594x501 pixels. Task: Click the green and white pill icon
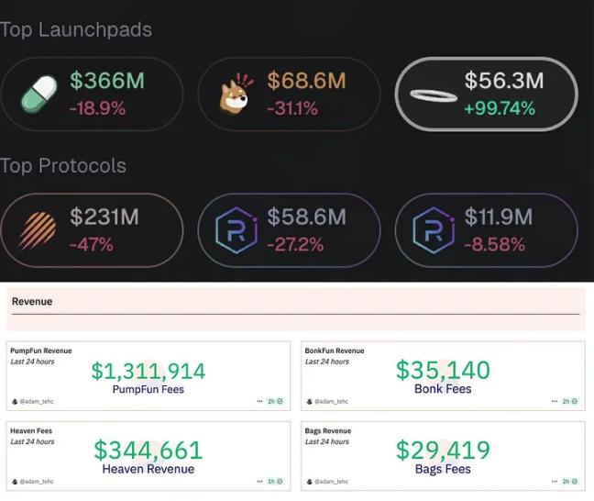(38, 94)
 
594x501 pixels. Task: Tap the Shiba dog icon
(236, 94)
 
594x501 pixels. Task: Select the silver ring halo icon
(434, 95)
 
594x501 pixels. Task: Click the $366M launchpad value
(107, 81)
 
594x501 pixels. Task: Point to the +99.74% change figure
(500, 108)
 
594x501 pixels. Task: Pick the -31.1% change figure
(292, 108)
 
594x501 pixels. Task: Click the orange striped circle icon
(38, 230)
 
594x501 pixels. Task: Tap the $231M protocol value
(104, 217)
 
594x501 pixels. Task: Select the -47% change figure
(92, 244)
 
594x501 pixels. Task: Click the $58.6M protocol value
(306, 217)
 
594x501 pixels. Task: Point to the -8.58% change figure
(495, 244)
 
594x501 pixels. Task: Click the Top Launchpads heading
(76, 29)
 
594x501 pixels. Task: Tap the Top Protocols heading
(63, 166)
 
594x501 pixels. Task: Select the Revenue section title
(32, 301)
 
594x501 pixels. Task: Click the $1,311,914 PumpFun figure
(148, 371)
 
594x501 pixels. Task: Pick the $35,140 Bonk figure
(443, 370)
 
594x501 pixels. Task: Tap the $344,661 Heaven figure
(148, 450)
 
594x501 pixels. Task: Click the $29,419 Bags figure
(443, 450)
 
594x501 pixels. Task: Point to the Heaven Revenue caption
(148, 469)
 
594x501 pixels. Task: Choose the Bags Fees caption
(443, 469)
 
